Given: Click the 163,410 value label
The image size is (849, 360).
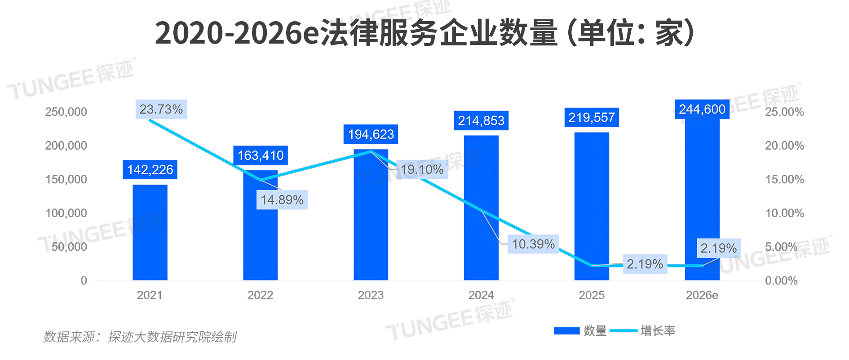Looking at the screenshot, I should pyautogui.click(x=261, y=156).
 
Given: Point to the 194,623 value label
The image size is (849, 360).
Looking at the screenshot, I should pyautogui.click(x=371, y=134).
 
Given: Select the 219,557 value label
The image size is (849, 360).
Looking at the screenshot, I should pyautogui.click(x=592, y=118).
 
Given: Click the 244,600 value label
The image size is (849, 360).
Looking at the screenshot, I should pyautogui.click(x=702, y=109).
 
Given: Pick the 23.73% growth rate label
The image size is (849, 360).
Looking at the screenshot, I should pyautogui.click(x=161, y=109).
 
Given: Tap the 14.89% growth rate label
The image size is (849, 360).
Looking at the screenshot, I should pyautogui.click(x=282, y=200).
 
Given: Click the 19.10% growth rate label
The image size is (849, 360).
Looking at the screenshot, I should pyautogui.click(x=422, y=169).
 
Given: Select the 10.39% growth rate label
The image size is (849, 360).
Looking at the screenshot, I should pyautogui.click(x=533, y=244).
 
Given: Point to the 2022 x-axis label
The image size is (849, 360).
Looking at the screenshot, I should pyautogui.click(x=260, y=295).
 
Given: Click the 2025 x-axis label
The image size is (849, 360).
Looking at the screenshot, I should pyautogui.click(x=592, y=295).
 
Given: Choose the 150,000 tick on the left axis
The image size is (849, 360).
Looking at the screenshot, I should pyautogui.click(x=66, y=179).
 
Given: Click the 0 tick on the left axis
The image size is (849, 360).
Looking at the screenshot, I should pyautogui.click(x=84, y=281).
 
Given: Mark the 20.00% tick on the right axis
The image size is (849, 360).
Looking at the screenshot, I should pyautogui.click(x=784, y=146).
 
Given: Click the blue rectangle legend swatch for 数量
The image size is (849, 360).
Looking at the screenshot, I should pyautogui.click(x=566, y=331).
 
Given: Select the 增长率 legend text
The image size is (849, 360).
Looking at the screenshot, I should pyautogui.click(x=658, y=331).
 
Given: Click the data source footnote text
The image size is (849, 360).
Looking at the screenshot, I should pyautogui.click(x=140, y=337).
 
